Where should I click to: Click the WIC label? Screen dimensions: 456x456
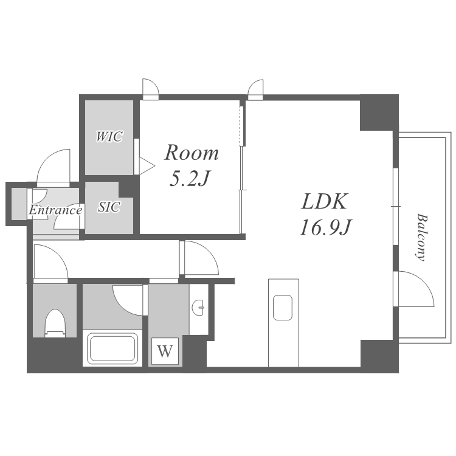pos(109,136)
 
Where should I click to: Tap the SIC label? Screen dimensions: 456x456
pos(109,207)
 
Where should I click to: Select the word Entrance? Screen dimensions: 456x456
pos(55,210)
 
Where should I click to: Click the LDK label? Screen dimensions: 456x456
pos(324,201)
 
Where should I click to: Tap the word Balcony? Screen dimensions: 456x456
pos(421,237)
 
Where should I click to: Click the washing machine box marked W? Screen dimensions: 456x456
pos(165,351)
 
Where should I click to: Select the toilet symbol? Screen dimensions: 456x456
pos(55,323)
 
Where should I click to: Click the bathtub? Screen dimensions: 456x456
pos(112,348)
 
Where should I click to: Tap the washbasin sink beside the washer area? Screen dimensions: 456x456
pos(198,308)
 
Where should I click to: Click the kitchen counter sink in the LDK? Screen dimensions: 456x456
pos(283,308)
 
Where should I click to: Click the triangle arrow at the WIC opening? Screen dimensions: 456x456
pos(147,166)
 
